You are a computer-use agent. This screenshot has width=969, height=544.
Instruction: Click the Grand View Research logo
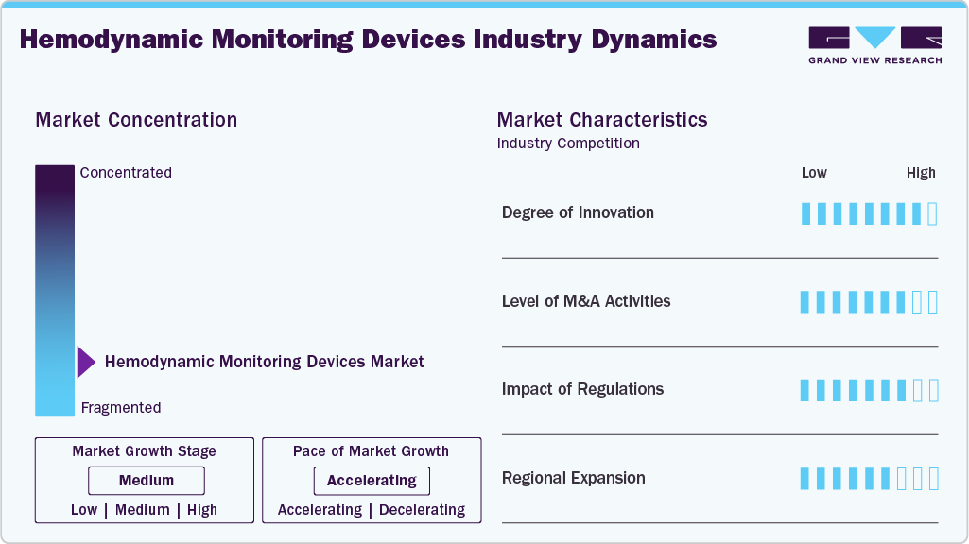874,44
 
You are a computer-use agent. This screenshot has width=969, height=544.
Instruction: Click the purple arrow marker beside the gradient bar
85,362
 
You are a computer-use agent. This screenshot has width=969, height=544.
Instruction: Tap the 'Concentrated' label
126,173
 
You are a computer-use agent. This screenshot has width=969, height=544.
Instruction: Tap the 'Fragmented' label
121,408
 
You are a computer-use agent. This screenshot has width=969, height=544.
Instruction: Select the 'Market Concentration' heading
136,120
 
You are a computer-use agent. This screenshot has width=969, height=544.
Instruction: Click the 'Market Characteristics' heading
602,120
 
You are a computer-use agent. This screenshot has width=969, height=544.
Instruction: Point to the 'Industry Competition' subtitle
568,144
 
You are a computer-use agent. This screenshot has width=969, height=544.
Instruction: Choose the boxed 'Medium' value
146,481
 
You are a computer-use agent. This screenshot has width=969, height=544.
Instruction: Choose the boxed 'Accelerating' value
372,481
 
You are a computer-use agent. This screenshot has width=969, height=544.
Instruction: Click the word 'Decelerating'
422,510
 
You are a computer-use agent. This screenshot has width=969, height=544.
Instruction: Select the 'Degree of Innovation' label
578,212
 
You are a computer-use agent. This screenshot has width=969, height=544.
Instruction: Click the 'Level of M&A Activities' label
586,301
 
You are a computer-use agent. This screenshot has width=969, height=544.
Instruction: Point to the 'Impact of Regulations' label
582,389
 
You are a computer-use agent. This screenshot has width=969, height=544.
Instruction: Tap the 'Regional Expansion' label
573,478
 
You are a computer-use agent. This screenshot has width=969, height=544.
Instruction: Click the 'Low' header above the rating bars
814,173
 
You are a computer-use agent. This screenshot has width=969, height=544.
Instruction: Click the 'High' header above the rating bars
921,173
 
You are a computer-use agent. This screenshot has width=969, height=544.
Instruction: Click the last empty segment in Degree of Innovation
933,213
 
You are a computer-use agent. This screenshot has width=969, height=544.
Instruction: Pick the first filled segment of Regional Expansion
805,479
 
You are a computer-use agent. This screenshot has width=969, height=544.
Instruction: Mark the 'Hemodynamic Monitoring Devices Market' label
264,362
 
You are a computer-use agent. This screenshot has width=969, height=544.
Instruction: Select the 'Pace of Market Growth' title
371,451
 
